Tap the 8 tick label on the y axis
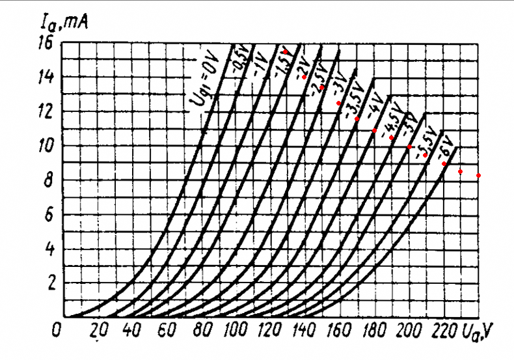(47, 181)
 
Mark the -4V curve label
(375, 108)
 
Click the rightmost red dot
(478, 176)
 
